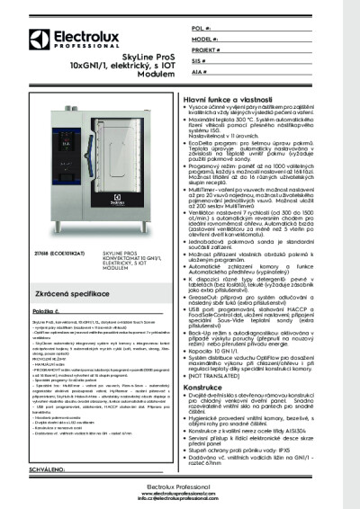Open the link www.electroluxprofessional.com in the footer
(179, 493)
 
